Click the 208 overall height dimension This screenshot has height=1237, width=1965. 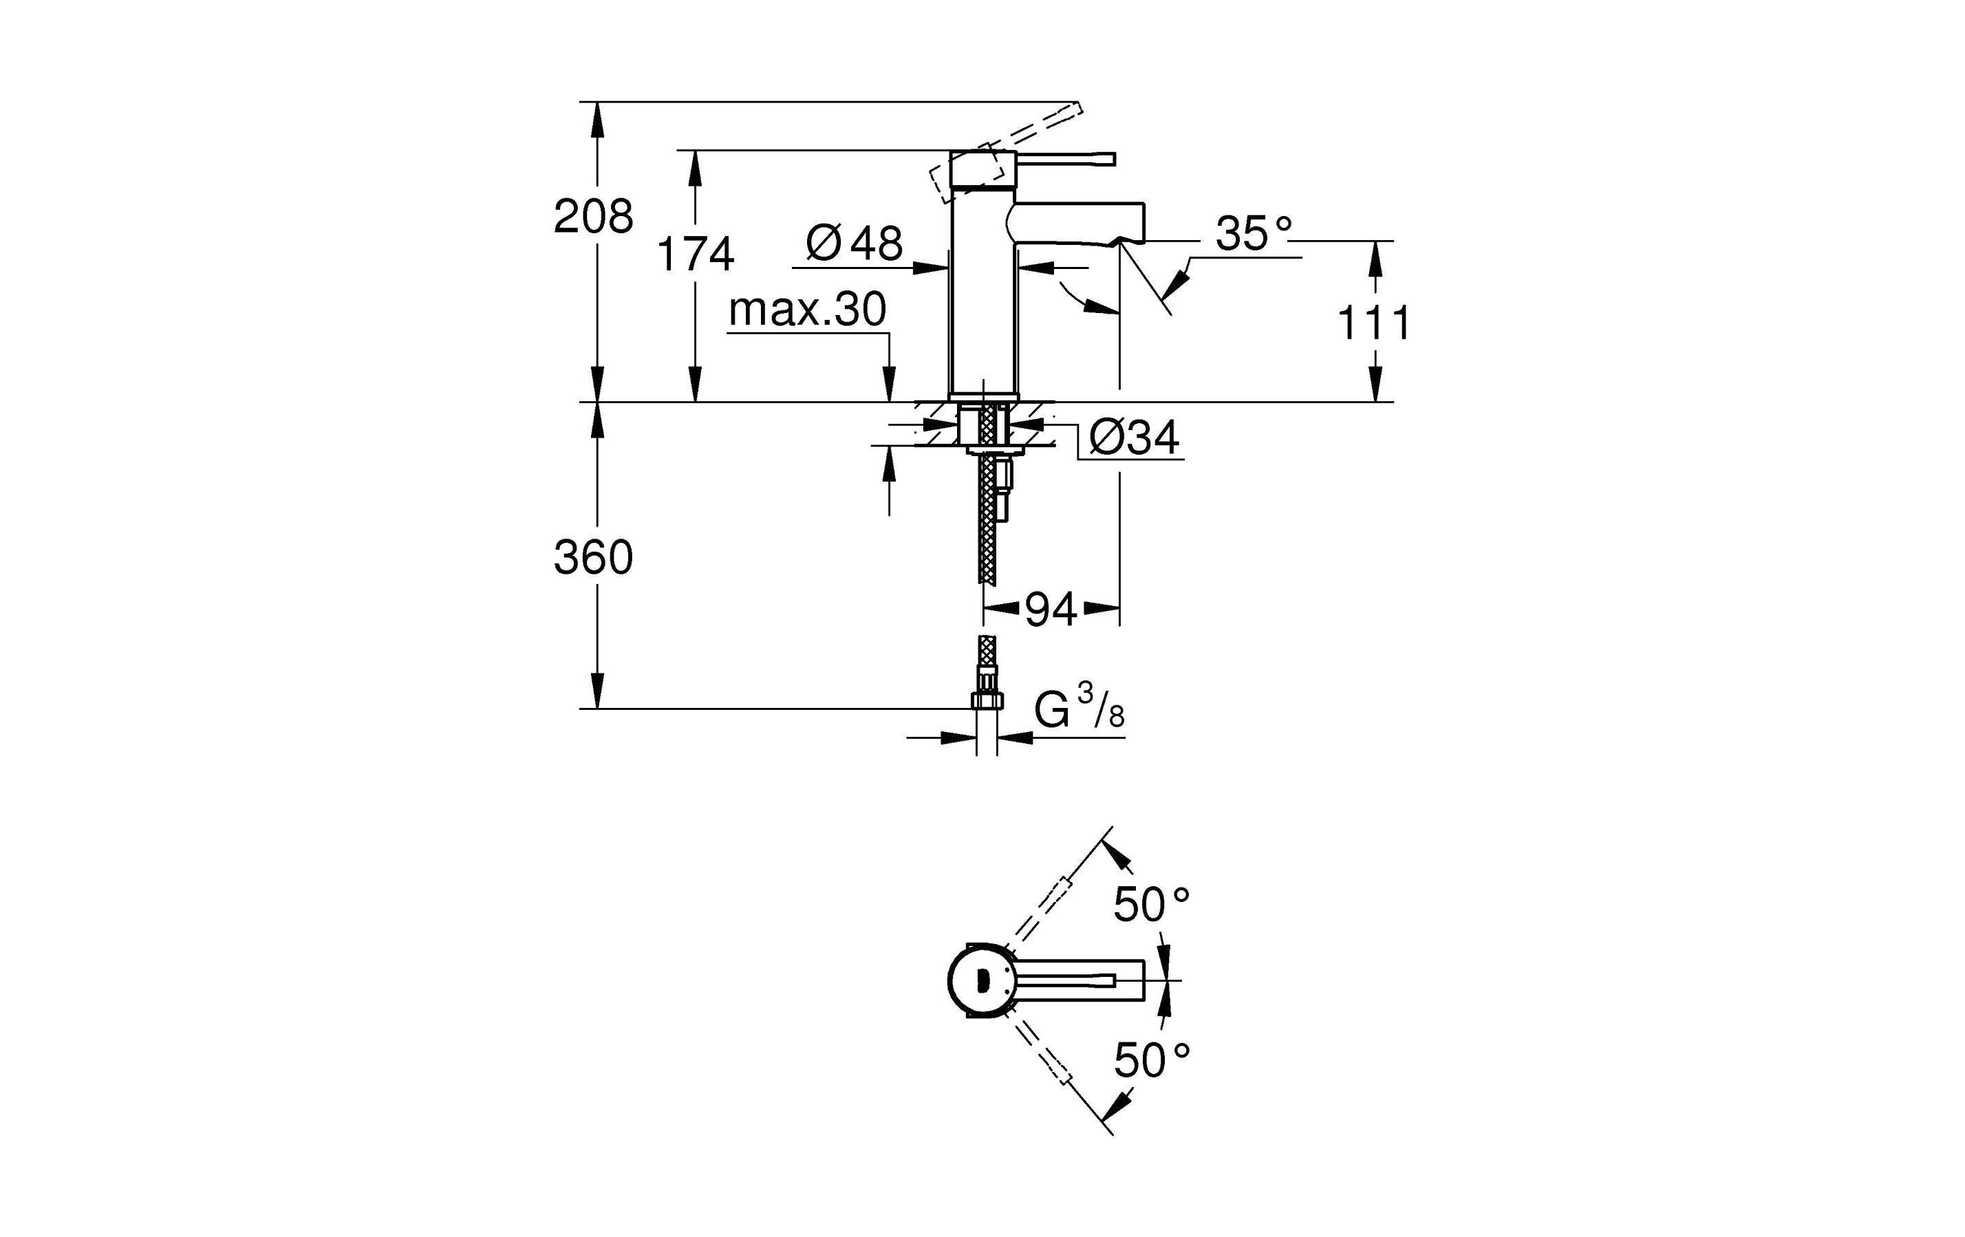(x=593, y=217)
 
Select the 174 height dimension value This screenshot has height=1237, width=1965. (x=696, y=254)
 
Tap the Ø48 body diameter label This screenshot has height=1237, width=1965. (x=854, y=242)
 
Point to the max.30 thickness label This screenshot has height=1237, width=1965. (x=807, y=310)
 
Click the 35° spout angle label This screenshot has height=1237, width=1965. (x=1254, y=233)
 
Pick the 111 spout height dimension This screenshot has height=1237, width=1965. (x=1373, y=323)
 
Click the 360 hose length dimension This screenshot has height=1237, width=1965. (x=593, y=558)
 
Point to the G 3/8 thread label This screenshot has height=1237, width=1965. (x=1079, y=707)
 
